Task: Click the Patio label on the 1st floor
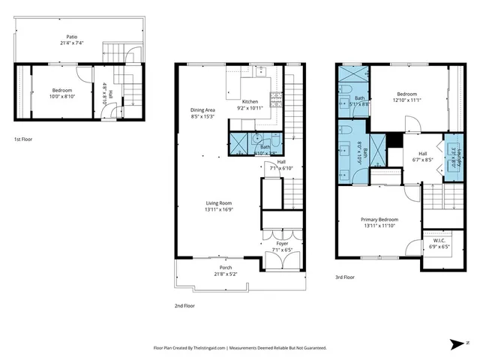(x=72, y=36)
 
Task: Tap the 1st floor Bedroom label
(x=61, y=90)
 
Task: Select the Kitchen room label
(x=250, y=101)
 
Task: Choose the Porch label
(x=225, y=268)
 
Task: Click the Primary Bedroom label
(x=378, y=220)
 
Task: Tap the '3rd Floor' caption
(x=345, y=277)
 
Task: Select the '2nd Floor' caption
(x=184, y=305)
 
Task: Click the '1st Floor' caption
(x=22, y=139)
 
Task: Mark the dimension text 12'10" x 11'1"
(x=408, y=100)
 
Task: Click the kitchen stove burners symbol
(x=275, y=97)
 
